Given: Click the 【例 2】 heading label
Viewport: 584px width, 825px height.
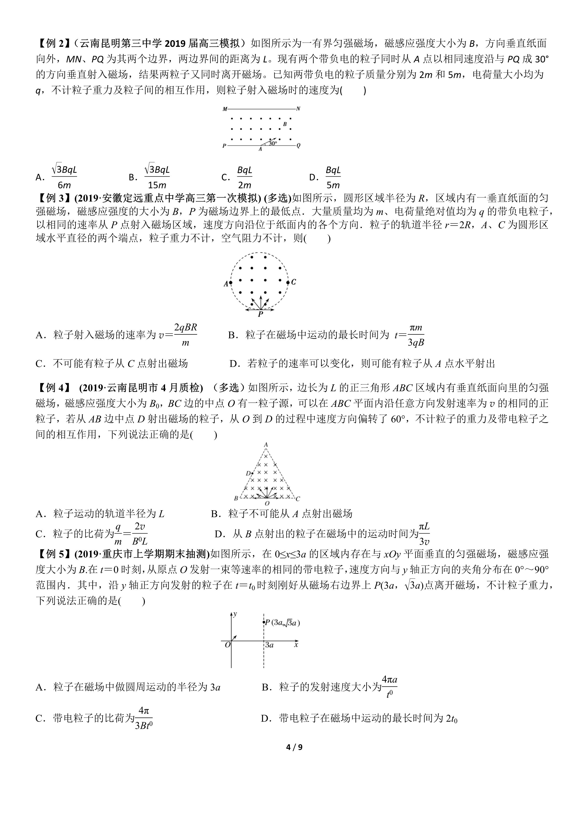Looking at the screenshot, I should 53,44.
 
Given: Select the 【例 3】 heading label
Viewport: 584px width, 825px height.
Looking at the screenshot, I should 53,198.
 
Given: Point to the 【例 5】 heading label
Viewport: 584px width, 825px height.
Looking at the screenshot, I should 53,554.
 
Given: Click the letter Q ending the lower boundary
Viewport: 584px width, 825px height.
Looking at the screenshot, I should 298,146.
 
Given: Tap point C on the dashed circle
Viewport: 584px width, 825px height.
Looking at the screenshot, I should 293,282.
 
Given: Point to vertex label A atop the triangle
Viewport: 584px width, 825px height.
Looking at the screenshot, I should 266,445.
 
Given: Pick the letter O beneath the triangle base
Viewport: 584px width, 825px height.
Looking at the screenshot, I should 267,503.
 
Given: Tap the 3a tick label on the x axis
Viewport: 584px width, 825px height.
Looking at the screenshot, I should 269,645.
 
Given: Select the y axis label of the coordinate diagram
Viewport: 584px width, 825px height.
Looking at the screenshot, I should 235,614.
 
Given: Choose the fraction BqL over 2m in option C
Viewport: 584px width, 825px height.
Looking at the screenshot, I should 244,177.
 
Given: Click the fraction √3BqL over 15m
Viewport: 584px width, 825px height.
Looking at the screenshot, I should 157,177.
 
